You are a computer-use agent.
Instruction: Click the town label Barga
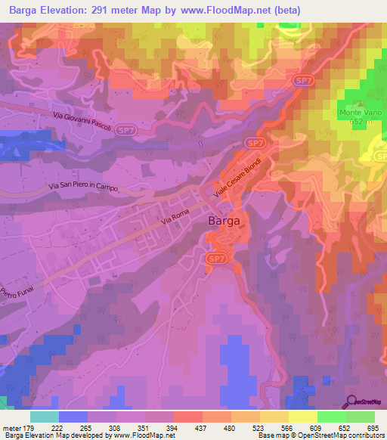[x=224, y=222]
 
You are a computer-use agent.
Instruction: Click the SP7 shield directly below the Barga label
[x=215, y=258]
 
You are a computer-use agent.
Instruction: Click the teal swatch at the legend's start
[x=45, y=417]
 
